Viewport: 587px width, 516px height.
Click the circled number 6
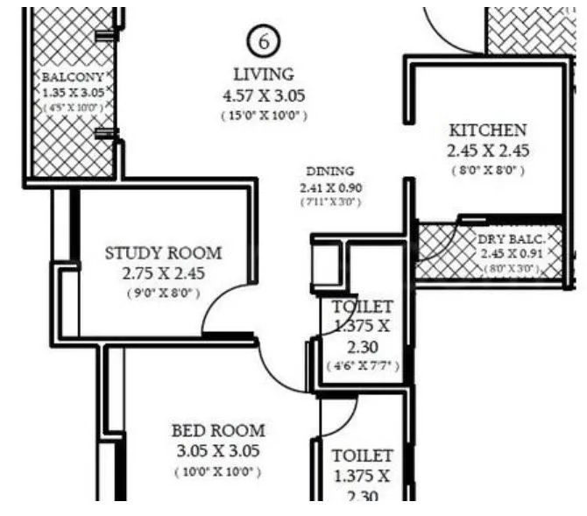pyautogui.click(x=264, y=40)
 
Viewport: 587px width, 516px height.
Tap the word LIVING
pyautogui.click(x=264, y=74)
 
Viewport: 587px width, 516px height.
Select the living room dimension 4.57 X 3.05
pyautogui.click(x=264, y=95)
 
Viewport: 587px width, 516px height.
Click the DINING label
pyautogui.click(x=330, y=171)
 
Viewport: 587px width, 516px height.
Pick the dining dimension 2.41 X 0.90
pyautogui.click(x=330, y=187)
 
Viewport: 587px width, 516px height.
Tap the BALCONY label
pyautogui.click(x=73, y=77)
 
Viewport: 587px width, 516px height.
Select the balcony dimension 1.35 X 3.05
pyautogui.click(x=74, y=92)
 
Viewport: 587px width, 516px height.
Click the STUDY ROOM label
pyautogui.click(x=164, y=253)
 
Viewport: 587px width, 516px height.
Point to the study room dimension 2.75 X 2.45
pyautogui.click(x=164, y=273)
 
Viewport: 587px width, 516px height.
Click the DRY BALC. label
pyautogui.click(x=512, y=239)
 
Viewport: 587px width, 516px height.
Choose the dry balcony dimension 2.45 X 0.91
pyautogui.click(x=511, y=254)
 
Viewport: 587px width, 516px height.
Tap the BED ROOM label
pyautogui.click(x=218, y=431)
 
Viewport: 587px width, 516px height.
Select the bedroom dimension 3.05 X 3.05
pyautogui.click(x=218, y=452)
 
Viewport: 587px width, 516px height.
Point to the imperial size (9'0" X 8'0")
pyautogui.click(x=164, y=293)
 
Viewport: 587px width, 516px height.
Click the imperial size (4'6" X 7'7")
pyautogui.click(x=362, y=365)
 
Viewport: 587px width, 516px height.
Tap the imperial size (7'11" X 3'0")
pyautogui.click(x=330, y=202)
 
